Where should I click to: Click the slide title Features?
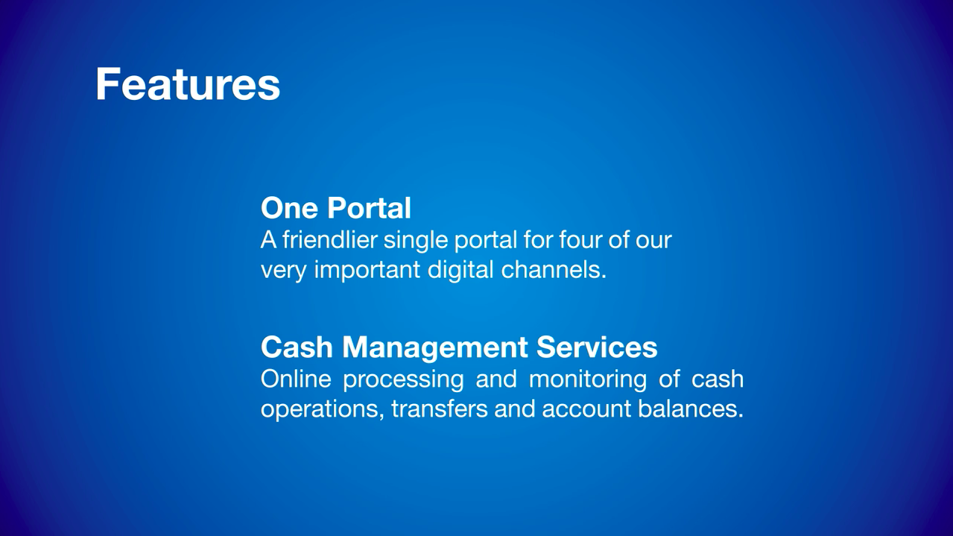188,83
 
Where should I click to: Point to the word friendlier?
329,240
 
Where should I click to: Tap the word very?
284,270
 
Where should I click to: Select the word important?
367,270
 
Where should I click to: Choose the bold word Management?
434,347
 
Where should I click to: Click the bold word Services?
596,347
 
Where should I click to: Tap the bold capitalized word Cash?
297,347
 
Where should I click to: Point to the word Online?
296,379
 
